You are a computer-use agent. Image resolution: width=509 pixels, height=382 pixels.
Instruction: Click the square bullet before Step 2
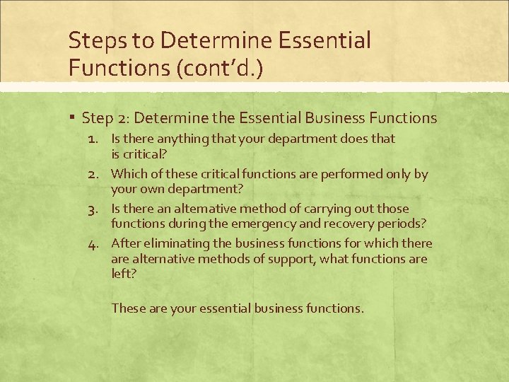click(73, 118)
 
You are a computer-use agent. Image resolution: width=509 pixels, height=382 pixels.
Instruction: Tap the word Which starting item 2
click(129, 174)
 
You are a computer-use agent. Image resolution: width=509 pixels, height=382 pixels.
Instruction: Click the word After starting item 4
click(127, 244)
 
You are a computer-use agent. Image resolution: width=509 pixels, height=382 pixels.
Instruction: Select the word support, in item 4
click(291, 259)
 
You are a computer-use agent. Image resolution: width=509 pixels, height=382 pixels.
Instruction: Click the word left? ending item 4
click(123, 273)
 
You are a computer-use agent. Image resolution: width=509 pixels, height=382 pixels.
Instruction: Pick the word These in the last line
click(128, 308)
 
